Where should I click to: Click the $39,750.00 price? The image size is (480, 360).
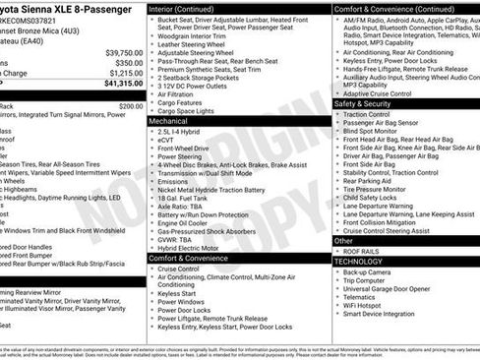[x=123, y=53]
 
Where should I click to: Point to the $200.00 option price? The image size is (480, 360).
[x=131, y=105]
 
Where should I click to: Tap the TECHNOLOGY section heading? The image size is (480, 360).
[x=358, y=261]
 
